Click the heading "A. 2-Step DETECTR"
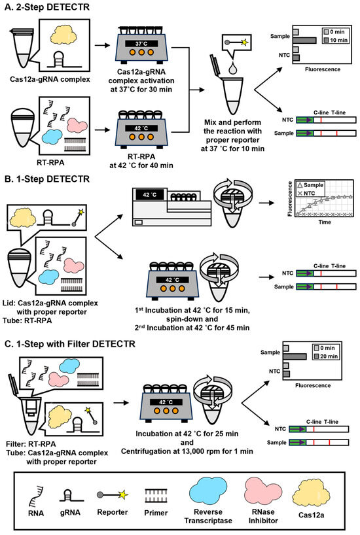46,7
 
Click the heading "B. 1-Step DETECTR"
46,179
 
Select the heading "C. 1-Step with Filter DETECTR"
69,343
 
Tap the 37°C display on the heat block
141,44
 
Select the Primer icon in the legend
156,495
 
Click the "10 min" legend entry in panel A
335,40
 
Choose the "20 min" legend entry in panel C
326,356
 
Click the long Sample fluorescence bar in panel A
304,41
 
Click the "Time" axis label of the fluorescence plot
325,222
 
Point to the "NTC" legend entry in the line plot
306,193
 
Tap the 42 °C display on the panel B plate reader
150,195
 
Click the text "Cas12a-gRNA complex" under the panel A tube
50,80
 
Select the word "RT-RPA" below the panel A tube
50,162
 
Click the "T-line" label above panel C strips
331,422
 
